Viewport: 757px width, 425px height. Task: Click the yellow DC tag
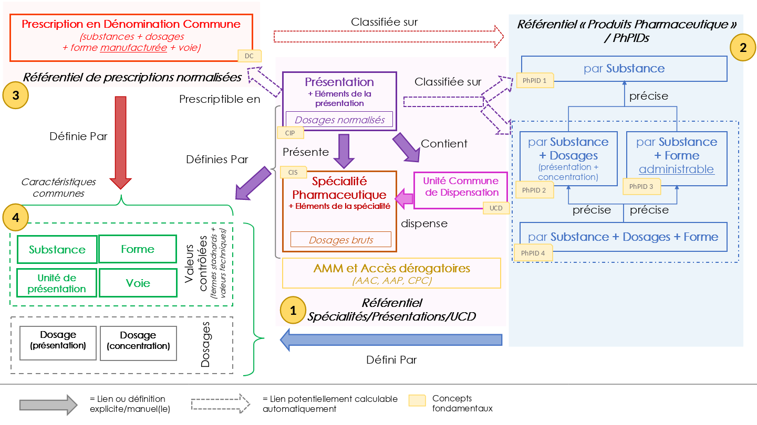point(250,56)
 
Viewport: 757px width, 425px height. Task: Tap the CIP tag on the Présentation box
point(291,133)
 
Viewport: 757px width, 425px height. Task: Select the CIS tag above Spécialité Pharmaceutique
point(293,172)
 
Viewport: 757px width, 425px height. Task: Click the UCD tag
point(496,208)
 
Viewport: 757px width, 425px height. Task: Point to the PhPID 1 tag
point(535,80)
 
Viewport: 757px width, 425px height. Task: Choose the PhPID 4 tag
point(533,253)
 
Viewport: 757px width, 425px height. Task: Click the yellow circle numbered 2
point(743,48)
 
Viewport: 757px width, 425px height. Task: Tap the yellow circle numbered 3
point(16,95)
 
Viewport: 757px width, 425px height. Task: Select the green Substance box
point(57,249)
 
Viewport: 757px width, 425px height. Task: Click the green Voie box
point(138,283)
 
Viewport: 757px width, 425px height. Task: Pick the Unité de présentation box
point(57,283)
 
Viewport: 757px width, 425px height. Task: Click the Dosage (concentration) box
point(138,343)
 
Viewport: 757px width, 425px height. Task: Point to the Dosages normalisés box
point(340,120)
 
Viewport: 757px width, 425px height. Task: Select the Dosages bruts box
point(340,240)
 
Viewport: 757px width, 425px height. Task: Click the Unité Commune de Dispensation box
point(461,190)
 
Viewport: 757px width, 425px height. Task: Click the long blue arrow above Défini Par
point(391,340)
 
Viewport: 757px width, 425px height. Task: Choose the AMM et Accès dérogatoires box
point(392,273)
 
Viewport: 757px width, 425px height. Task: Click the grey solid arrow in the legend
point(49,405)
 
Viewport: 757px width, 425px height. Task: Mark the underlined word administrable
point(676,169)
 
